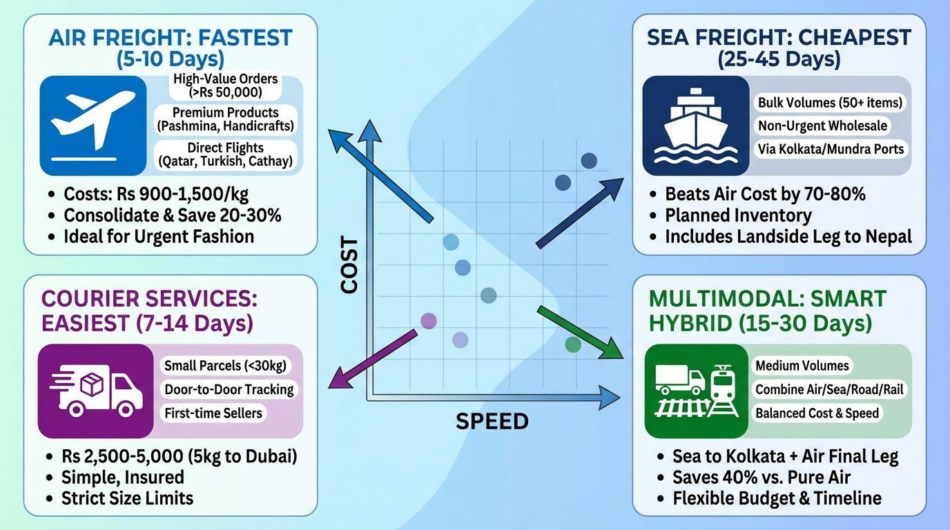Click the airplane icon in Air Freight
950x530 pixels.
(x=93, y=123)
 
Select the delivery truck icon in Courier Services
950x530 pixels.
(x=96, y=391)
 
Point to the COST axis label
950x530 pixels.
(x=350, y=266)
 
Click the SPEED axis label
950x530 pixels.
(x=492, y=421)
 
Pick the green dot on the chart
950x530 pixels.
(x=573, y=344)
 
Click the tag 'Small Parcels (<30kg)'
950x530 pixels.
(x=225, y=366)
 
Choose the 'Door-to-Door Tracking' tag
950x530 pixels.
(x=229, y=389)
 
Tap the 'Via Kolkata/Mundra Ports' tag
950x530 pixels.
(x=831, y=148)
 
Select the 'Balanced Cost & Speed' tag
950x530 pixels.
(x=817, y=413)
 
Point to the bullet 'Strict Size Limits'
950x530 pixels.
(x=127, y=498)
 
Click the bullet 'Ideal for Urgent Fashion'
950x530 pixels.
(x=159, y=236)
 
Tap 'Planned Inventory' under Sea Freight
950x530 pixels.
(x=738, y=215)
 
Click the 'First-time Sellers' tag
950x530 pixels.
(x=213, y=413)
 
